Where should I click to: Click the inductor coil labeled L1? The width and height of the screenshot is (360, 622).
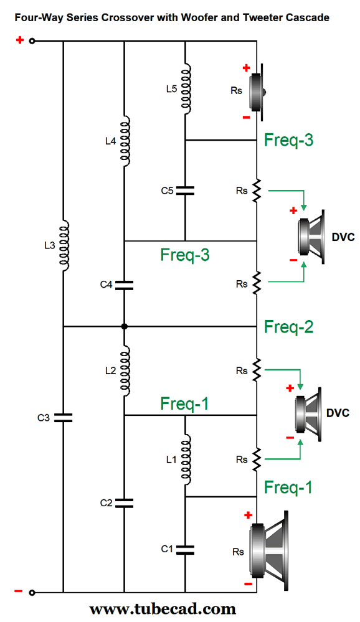point(185,459)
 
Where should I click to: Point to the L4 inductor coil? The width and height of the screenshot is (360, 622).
point(125,141)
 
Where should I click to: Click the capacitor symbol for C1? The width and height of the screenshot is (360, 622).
point(185,549)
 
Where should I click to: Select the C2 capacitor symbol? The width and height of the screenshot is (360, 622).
point(125,502)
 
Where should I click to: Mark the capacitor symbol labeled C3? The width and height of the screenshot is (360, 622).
point(64,417)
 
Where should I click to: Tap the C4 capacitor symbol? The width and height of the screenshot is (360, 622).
point(125,285)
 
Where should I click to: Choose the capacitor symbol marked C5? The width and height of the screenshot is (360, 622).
point(185,190)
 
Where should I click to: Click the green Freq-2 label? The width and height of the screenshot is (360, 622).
point(288,326)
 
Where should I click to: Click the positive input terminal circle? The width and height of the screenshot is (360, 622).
point(32,42)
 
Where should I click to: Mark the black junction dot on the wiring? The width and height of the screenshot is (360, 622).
point(125,326)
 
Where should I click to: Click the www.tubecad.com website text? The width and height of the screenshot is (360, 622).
point(163,608)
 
